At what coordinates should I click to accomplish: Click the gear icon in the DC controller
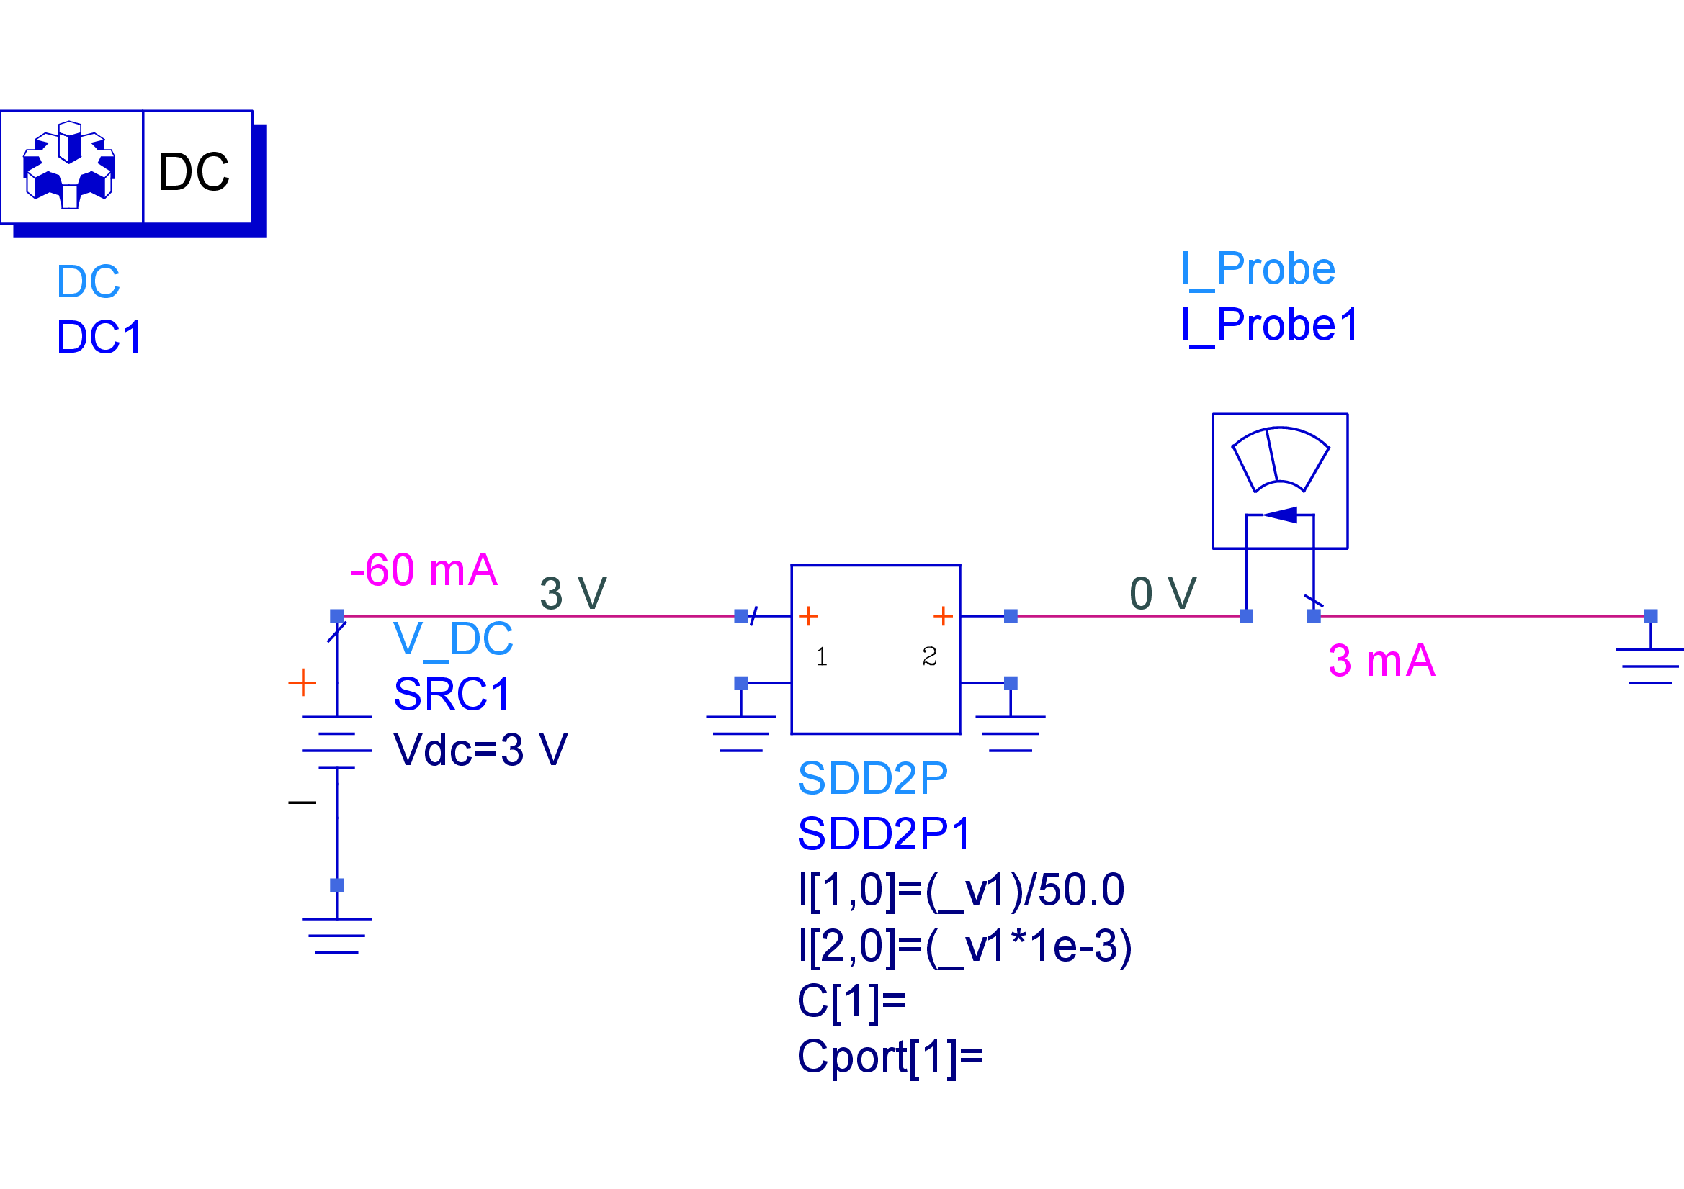(x=70, y=166)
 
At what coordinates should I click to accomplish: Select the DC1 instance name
(x=99, y=338)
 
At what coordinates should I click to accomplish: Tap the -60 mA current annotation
(x=424, y=569)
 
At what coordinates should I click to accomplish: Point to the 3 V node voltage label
(x=573, y=593)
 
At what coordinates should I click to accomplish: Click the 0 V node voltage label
(x=1163, y=593)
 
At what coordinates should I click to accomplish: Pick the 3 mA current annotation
(x=1381, y=661)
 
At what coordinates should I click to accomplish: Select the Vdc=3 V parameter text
(x=480, y=750)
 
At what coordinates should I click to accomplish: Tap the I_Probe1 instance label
(x=1270, y=325)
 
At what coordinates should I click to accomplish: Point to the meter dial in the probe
(x=1280, y=460)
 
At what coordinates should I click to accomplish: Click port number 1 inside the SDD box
(x=821, y=657)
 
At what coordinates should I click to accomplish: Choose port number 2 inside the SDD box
(x=929, y=657)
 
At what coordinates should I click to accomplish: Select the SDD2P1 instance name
(x=884, y=834)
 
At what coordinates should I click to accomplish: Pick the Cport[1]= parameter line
(x=890, y=1057)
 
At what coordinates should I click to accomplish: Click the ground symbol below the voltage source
(x=336, y=936)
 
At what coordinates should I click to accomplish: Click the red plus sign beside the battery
(x=302, y=683)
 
